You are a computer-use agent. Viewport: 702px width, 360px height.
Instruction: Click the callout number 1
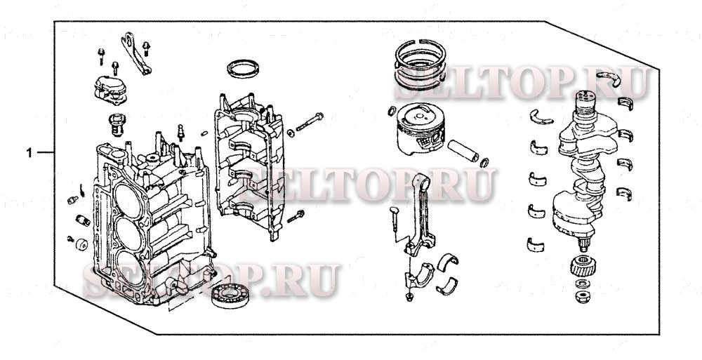point(29,152)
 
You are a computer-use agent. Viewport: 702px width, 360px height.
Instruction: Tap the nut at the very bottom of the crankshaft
point(582,297)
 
